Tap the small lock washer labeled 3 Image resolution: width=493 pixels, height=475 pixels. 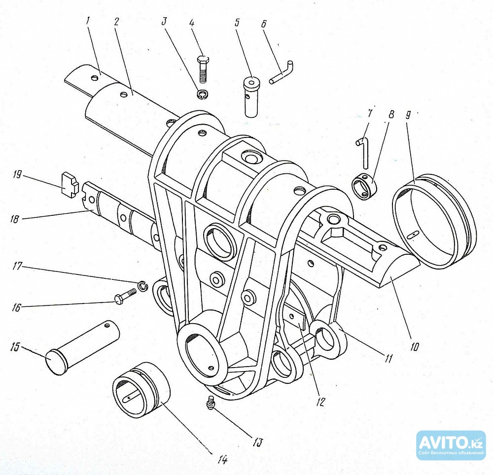coord(202,94)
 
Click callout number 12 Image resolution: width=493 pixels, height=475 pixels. coord(320,402)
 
